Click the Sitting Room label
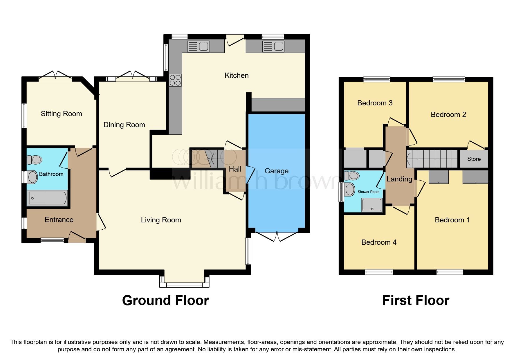click(61, 114)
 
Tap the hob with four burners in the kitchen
click(175, 80)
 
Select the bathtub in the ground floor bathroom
click(47, 198)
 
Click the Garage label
click(276, 171)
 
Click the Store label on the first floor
click(474, 159)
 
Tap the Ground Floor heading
click(165, 300)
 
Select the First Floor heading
click(416, 300)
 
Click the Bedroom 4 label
click(379, 242)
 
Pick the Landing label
click(399, 179)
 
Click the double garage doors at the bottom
click(277, 236)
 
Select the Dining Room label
click(124, 125)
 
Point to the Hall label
click(235, 169)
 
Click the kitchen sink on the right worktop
click(273, 46)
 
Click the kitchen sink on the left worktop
click(199, 46)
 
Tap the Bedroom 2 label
click(448, 115)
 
